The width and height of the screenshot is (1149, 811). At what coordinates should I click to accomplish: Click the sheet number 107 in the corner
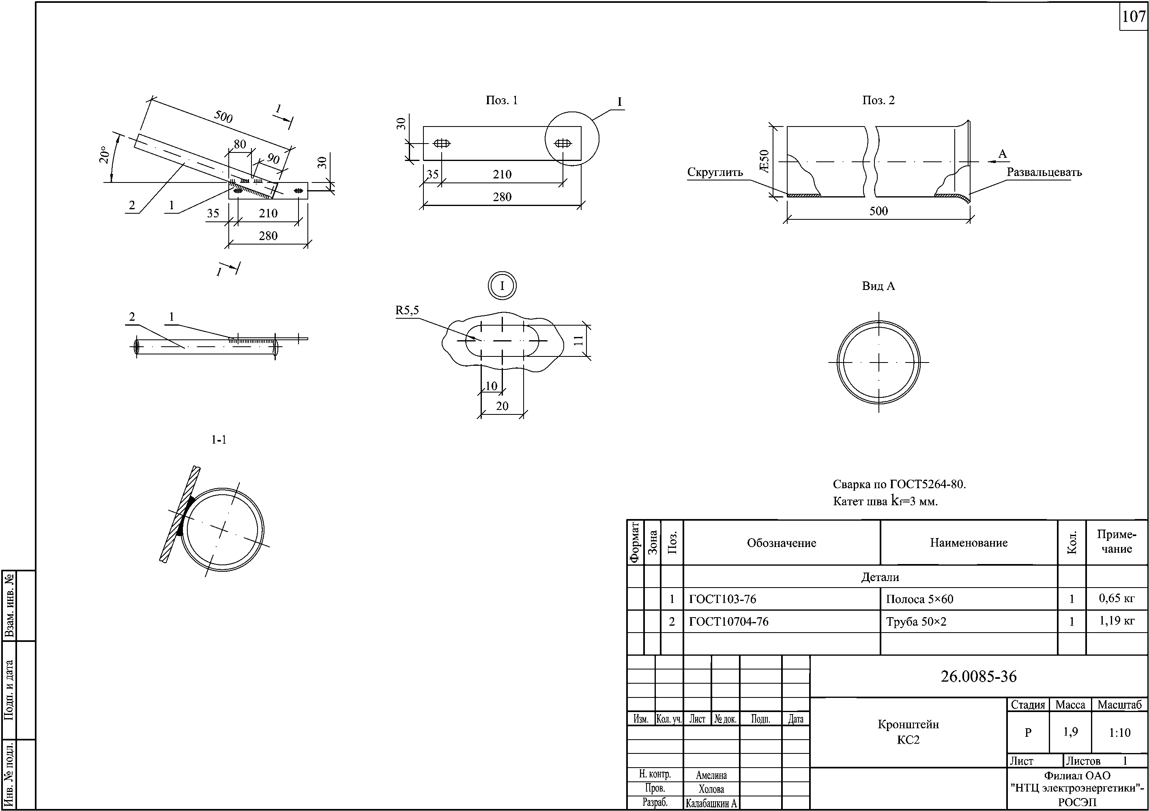1134,17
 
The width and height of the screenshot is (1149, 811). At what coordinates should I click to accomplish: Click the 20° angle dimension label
104,155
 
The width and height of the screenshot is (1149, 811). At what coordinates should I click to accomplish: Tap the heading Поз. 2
878,100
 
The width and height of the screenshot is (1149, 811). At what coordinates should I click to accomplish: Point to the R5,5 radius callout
407,310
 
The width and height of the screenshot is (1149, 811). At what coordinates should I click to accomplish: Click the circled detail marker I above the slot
502,286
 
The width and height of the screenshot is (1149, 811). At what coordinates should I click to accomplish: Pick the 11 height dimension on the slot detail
578,341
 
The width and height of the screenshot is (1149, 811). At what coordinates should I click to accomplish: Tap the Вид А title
878,286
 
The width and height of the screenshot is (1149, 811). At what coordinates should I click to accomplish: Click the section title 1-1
219,440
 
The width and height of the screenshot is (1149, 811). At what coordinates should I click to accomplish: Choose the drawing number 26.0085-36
978,676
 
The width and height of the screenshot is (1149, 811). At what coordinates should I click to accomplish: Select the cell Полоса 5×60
919,599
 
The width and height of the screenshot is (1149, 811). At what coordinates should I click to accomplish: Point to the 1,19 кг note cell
1117,621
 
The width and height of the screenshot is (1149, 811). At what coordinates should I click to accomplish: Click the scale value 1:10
1119,733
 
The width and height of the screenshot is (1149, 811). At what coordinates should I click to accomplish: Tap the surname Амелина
711,775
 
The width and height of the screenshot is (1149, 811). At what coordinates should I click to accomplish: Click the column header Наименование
969,543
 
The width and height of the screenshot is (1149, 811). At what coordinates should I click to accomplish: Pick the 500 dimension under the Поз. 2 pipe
878,211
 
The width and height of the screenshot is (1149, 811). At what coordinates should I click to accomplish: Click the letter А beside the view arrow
1002,154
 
